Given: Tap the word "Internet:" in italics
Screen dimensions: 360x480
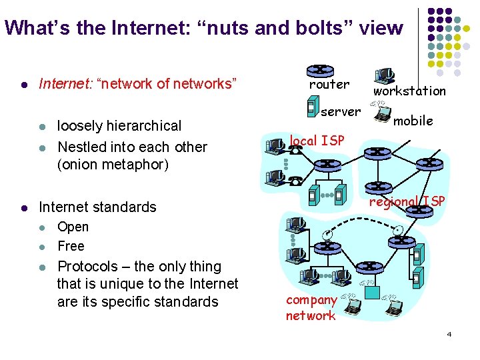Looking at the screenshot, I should tap(65, 84).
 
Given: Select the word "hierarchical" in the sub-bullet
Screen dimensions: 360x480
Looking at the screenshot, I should tap(143, 126).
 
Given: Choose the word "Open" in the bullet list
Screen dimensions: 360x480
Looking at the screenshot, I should tap(73, 227).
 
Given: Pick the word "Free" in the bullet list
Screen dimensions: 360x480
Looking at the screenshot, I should tap(71, 246).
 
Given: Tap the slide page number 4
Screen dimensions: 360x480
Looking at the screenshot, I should tap(449, 333).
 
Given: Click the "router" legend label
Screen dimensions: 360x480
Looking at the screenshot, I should tap(329, 85).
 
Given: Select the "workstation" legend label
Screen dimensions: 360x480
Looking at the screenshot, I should tap(409, 91).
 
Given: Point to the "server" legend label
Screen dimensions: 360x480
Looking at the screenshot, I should tap(340, 111).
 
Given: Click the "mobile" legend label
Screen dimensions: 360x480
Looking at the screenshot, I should tap(413, 121).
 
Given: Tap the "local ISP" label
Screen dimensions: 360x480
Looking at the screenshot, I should tap(317, 141).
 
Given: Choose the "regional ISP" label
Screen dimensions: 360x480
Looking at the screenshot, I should tap(407, 201).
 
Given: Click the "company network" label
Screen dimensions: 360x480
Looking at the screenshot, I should tap(311, 308).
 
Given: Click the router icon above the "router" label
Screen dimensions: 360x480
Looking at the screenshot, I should tap(320, 70).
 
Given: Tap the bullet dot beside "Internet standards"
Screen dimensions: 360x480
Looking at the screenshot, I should tap(23, 207).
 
